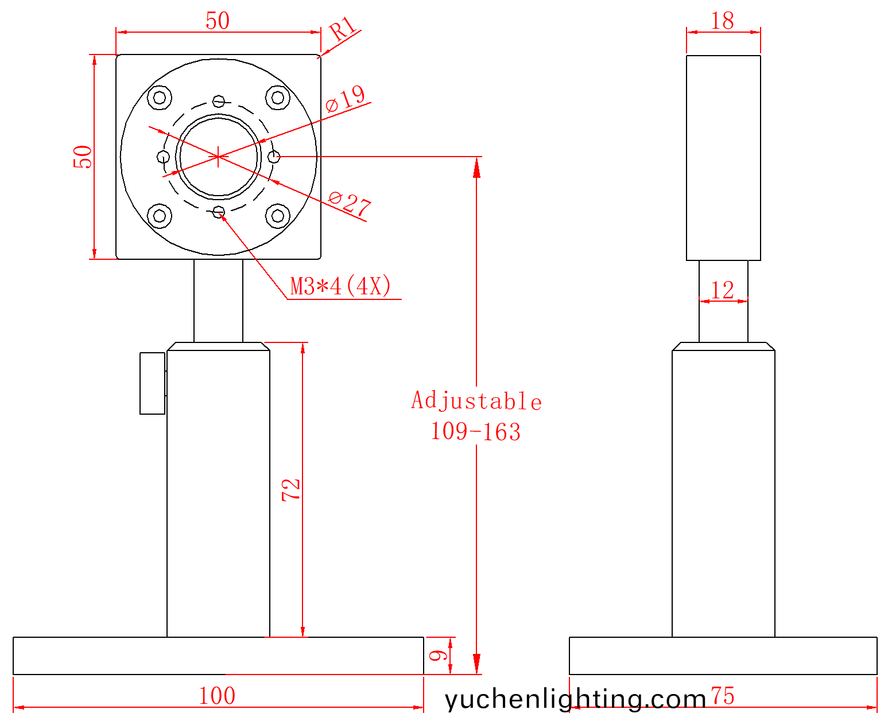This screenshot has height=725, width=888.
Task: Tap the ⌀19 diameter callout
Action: click(x=345, y=99)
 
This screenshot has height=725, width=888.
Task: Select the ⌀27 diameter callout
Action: click(x=350, y=205)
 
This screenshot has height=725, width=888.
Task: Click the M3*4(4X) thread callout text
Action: click(x=340, y=286)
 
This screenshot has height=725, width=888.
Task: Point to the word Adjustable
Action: click(x=476, y=400)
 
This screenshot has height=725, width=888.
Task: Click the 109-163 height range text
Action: click(x=476, y=432)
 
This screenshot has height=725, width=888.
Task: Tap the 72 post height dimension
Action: click(x=291, y=490)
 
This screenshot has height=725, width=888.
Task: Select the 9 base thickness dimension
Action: click(x=439, y=655)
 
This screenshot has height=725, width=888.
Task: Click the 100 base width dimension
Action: click(x=217, y=696)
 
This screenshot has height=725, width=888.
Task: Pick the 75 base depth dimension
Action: click(x=723, y=696)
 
